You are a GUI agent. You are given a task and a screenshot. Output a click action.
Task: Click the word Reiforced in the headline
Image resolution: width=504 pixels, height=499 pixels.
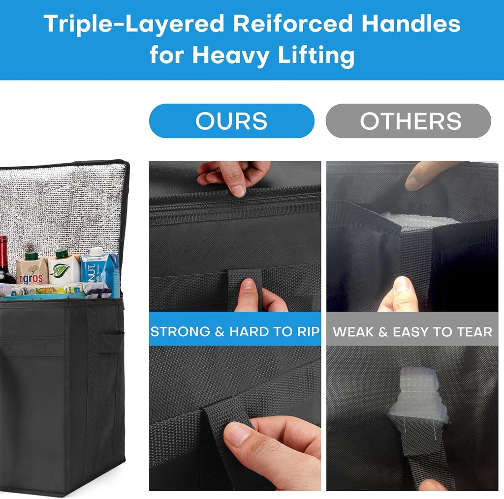(292, 24)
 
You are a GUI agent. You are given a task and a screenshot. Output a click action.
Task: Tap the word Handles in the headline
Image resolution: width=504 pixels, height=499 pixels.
(411, 24)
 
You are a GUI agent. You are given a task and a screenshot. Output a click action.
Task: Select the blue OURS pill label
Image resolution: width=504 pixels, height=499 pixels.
(231, 121)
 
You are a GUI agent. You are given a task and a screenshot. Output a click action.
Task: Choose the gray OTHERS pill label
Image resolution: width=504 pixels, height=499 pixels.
(408, 121)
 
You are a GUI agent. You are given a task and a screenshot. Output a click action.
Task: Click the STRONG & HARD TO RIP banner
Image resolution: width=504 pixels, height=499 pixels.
(235, 331)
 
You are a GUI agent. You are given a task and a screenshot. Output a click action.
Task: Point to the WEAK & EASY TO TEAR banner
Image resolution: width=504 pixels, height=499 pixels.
(412, 331)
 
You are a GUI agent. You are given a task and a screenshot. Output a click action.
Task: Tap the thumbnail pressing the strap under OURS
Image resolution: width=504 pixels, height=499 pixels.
(248, 285)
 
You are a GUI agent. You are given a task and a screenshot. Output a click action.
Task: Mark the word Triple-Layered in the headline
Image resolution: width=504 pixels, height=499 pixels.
(134, 24)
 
